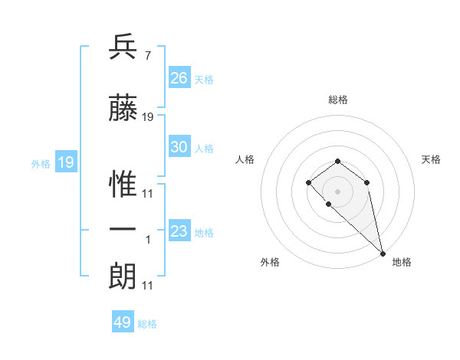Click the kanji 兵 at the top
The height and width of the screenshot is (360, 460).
[123, 48]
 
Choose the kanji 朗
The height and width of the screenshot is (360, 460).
[123, 277]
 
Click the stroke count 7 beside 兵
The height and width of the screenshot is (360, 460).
[146, 56]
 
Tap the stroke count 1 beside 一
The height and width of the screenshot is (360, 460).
[148, 240]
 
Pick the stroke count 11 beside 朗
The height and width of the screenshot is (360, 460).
[147, 286]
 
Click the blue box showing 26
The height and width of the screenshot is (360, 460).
[179, 78]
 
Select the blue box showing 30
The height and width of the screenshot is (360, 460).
[179, 147]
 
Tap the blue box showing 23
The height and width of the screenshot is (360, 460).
[179, 231]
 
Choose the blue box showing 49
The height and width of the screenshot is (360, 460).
[123, 322]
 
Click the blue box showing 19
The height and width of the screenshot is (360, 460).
[65, 162]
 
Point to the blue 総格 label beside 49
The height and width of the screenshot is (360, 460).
[148, 324]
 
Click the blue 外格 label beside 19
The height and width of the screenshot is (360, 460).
[41, 164]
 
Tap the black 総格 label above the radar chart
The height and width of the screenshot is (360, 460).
[337, 100]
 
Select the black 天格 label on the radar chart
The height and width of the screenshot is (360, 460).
[432, 159]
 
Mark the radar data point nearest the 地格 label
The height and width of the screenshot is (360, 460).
[382, 253]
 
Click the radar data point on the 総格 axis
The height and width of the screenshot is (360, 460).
[337, 161]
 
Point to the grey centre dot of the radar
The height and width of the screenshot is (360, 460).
[337, 191]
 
